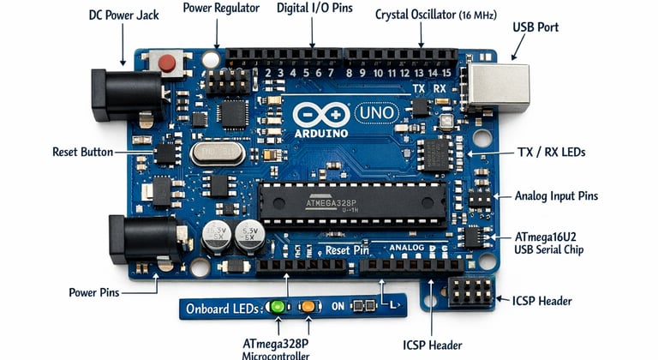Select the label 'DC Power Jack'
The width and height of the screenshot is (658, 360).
pos(123,16)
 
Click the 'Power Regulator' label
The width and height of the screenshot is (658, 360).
pos(220,9)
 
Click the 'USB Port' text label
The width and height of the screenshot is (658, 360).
pos(535,27)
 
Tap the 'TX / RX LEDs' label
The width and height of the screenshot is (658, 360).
pos(551,152)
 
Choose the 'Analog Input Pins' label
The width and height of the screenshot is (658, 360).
pos(556,196)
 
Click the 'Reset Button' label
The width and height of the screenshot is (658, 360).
pos(82,152)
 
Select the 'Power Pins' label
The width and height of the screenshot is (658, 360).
pos(94,292)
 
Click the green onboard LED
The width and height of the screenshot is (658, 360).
pos(277,306)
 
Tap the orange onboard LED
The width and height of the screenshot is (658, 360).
pos(308,306)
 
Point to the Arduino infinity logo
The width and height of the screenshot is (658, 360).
pos(320,114)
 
